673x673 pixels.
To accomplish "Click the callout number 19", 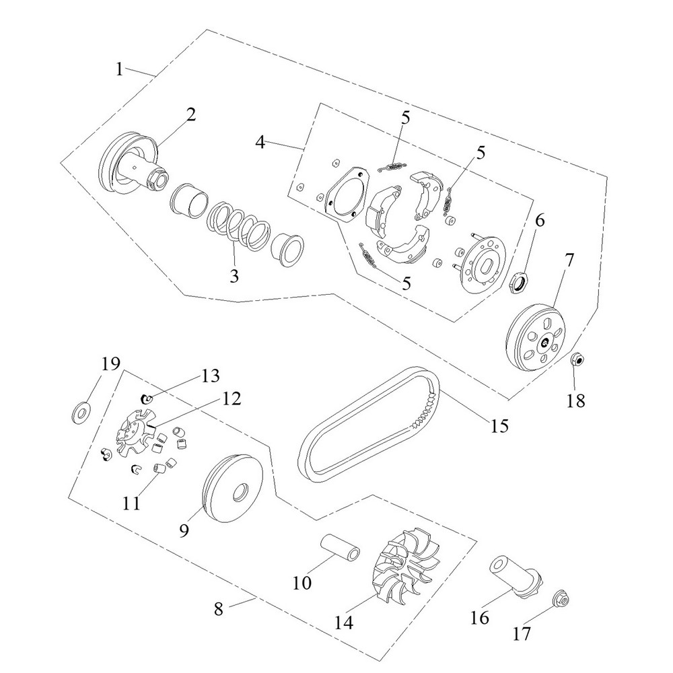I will [111, 364].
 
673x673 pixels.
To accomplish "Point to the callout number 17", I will [522, 633].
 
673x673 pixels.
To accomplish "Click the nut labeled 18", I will [577, 360].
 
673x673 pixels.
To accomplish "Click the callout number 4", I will [260, 143].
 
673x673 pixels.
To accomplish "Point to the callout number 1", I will [119, 69].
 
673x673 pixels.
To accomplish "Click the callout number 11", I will [132, 503].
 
